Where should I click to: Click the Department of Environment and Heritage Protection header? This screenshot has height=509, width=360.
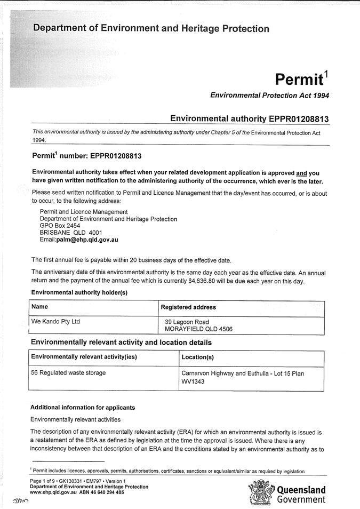coord(151,29)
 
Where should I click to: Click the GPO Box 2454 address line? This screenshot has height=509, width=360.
coord(60,226)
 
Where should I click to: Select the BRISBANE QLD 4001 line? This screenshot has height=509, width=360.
coord(71,233)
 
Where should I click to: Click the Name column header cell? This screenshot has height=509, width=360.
coord(40,307)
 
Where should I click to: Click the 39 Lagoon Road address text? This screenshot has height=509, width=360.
coord(187,322)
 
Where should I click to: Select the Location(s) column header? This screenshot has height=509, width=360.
coord(198,357)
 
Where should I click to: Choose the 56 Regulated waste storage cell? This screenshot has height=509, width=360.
coord(68,372)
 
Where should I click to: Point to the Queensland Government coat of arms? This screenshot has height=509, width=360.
coord(260,492)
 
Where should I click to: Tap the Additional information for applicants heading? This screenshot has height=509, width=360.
coord(83,408)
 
